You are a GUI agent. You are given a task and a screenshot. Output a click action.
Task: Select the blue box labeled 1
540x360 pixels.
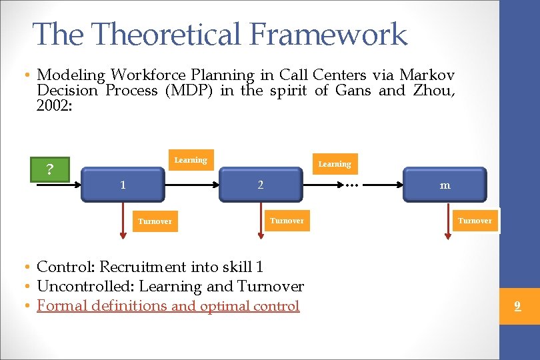(x=123, y=185)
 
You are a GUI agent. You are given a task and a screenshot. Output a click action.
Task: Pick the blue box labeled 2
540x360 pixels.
(x=261, y=185)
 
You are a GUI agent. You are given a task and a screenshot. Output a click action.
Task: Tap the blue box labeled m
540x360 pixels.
(x=445, y=185)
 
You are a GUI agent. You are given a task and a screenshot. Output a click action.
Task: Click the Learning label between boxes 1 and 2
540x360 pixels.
(x=191, y=160)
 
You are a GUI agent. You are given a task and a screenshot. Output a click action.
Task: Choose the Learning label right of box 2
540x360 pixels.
(x=334, y=164)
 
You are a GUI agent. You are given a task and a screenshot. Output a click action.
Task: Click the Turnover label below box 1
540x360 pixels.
(x=155, y=221)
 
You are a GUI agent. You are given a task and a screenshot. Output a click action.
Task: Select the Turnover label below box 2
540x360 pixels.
(x=287, y=220)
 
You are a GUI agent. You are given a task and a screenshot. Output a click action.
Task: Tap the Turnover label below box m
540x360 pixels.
(x=475, y=221)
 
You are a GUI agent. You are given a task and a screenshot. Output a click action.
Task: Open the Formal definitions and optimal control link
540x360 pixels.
(x=168, y=306)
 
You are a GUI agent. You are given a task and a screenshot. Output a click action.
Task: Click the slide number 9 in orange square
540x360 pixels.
(x=517, y=307)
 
